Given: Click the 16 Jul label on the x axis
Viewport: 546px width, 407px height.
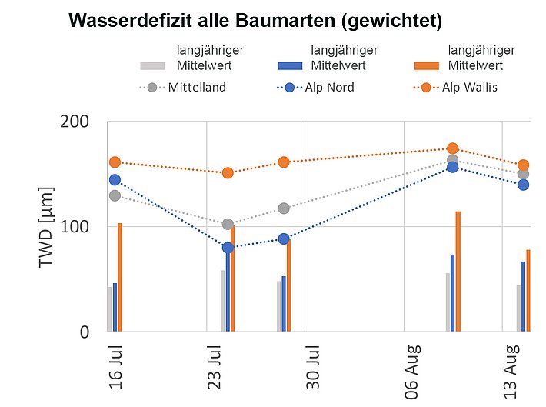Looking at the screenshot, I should tap(116, 366).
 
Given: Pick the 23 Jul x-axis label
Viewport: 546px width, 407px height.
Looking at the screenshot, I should tap(215, 366).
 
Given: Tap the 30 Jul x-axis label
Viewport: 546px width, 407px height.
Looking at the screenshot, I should tap(313, 366).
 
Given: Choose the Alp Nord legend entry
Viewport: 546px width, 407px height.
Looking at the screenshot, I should tap(328, 88).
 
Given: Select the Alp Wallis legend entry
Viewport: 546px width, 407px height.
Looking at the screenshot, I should tap(469, 88).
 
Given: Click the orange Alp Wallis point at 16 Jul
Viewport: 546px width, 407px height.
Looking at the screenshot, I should tap(115, 162).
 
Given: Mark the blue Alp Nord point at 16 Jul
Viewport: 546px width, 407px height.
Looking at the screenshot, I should tap(115, 180).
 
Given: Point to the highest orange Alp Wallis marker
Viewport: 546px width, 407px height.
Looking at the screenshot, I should tap(453, 148).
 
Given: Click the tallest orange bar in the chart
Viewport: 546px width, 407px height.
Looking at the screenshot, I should tap(458, 271).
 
